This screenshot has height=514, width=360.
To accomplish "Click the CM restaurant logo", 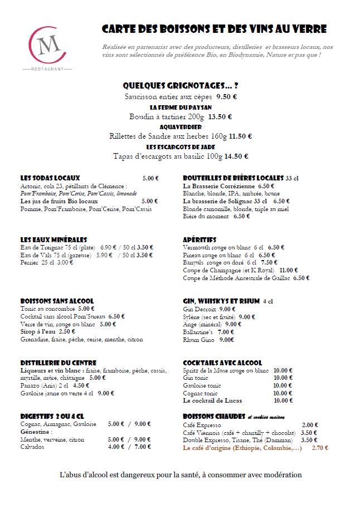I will click(47, 47).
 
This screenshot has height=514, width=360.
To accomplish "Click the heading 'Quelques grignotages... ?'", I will click(180, 86).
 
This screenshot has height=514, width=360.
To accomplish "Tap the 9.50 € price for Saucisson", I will click(211, 96).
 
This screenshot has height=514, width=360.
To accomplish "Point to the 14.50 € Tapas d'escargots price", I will click(236, 156).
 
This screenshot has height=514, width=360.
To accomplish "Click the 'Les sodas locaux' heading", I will click(50, 178).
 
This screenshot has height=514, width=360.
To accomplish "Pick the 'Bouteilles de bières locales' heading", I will click(234, 178).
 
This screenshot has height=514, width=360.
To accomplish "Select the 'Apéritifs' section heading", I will click(200, 240).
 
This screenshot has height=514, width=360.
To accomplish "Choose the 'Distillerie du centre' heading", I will click(58, 363).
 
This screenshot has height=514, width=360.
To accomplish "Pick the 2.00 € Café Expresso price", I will click(310, 424).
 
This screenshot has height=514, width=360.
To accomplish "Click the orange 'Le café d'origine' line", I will click(242, 447).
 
